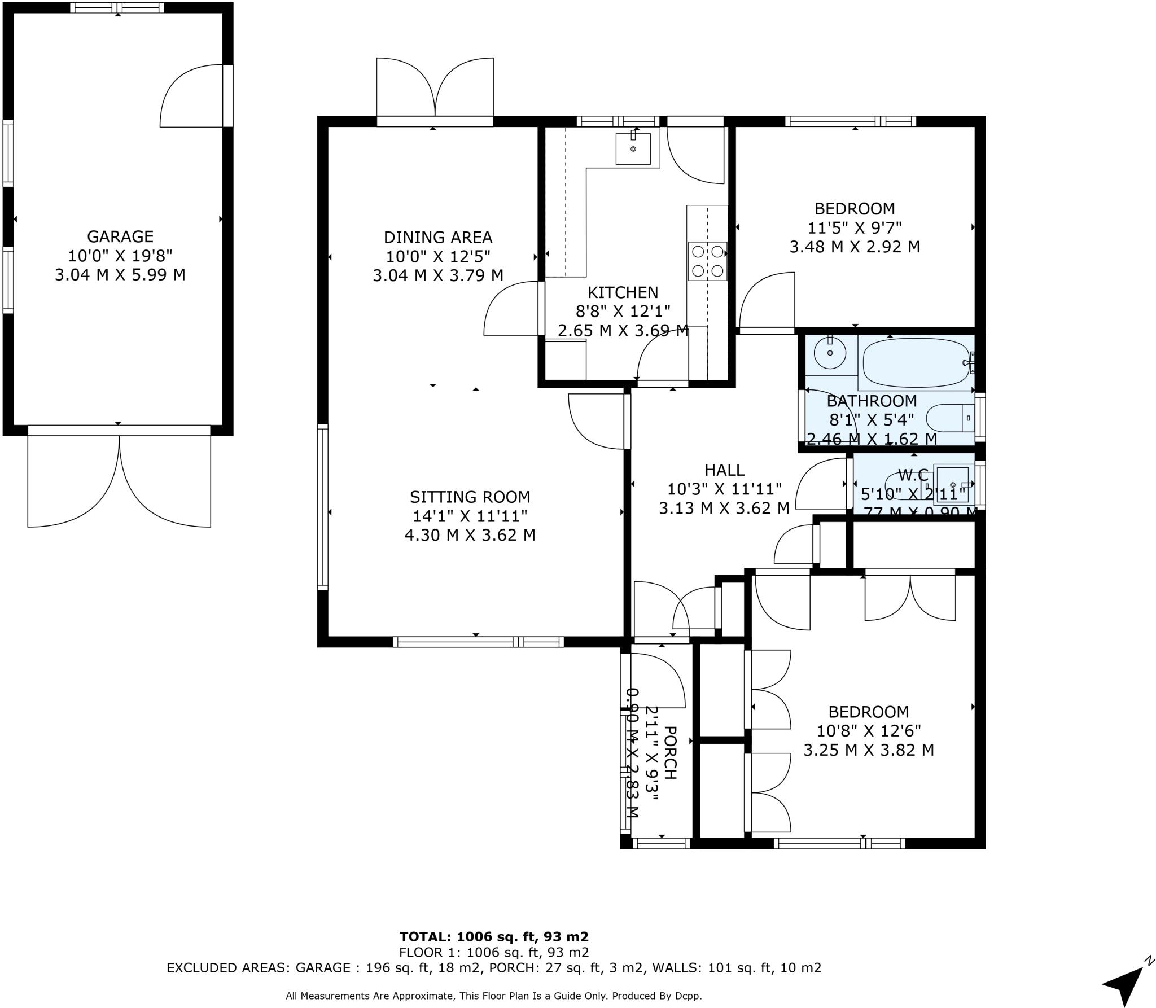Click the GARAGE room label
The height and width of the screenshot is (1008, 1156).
coord(120,236)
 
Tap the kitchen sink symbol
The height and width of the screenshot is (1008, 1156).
coord(633,148)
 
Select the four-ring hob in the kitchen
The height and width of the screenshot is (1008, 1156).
coord(707,261)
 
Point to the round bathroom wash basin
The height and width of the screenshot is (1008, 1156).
coord(830,353)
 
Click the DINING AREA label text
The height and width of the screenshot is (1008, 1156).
coord(437,237)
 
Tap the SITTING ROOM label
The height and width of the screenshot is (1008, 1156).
coord(470,497)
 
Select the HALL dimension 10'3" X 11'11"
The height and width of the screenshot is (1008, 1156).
coord(724,489)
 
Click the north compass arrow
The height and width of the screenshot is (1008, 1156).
coord(1125,982)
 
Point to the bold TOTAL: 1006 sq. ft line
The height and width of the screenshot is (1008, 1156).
coord(494,937)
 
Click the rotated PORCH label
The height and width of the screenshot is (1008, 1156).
coord(669,753)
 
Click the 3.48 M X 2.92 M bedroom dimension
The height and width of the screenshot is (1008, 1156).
coord(855,247)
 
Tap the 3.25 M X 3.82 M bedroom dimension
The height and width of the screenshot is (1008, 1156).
coord(869,750)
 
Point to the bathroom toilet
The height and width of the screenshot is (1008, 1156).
coord(951,418)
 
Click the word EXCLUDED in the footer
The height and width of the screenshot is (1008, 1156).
coord(201,968)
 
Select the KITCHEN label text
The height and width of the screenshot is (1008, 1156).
coord(623,292)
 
